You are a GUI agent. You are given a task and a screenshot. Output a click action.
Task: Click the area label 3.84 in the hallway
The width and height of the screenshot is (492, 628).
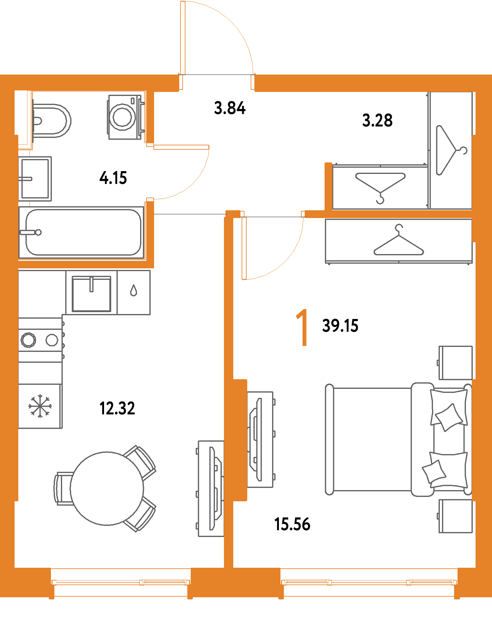point(230,108)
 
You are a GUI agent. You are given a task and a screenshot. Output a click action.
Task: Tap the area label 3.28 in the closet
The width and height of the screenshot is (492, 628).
point(377,121)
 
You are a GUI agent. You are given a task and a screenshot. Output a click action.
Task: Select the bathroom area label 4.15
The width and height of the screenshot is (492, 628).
point(113,178)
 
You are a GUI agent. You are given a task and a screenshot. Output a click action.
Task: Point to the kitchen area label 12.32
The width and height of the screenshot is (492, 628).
point(117,408)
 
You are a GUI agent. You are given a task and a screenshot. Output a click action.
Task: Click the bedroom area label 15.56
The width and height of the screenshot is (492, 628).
point(293,524)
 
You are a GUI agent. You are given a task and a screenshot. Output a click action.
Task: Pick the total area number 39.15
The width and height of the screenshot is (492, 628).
point(340,326)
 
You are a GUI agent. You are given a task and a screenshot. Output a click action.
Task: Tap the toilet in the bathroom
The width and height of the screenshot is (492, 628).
point(51,121)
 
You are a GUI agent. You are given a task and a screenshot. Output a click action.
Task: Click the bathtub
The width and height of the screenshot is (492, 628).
point(82,232)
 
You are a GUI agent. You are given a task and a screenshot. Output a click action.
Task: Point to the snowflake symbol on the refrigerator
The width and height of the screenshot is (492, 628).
point(40,406)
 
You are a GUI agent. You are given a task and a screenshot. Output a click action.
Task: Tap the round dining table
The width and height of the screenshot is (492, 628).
point(107,489)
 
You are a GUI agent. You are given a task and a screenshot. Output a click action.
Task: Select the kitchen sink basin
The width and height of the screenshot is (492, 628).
point(91,294)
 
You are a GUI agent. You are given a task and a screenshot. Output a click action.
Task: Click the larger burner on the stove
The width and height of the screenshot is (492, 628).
point(28,340)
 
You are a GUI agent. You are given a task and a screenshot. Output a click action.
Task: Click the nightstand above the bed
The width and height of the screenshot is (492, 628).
point(455,362)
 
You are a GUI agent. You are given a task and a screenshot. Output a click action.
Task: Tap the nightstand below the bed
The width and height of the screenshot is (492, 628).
point(455,516)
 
